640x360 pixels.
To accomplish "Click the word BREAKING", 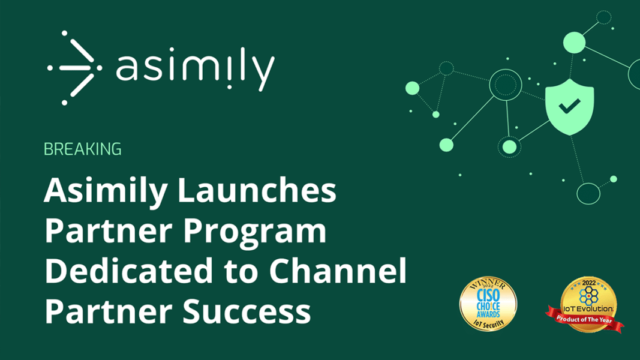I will coord(83,149).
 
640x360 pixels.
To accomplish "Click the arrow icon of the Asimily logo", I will coord(71,68).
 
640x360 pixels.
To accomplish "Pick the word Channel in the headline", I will coord(338,272).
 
